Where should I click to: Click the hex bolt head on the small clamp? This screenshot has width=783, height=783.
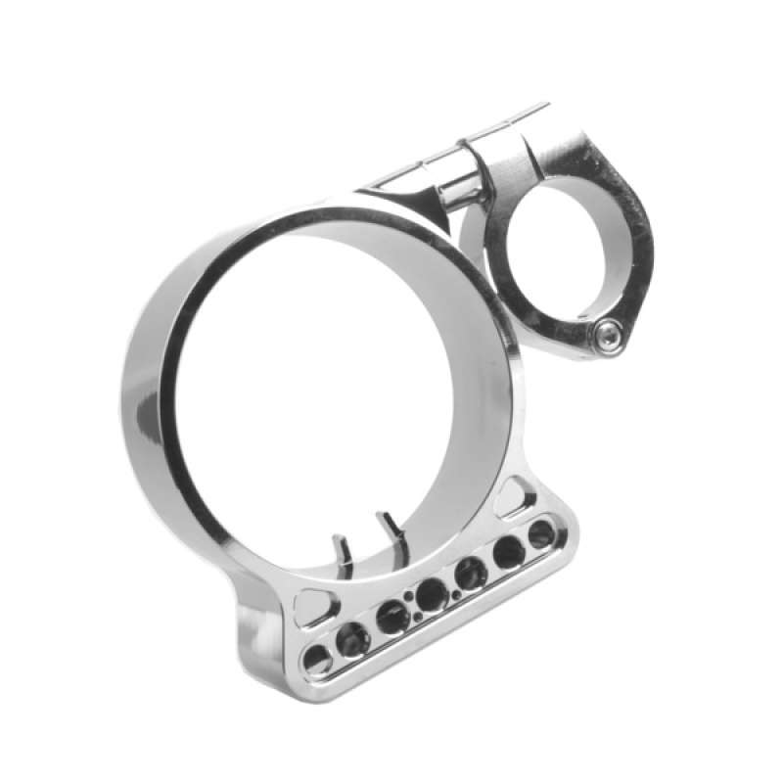[x=608, y=338]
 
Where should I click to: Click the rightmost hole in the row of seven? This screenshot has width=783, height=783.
[x=541, y=534]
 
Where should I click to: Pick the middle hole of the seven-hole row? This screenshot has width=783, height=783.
[x=431, y=593]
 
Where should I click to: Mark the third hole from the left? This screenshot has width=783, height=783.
[x=392, y=617]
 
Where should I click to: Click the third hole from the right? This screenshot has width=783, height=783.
[x=471, y=573]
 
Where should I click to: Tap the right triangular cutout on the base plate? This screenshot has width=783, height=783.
[x=514, y=496]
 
